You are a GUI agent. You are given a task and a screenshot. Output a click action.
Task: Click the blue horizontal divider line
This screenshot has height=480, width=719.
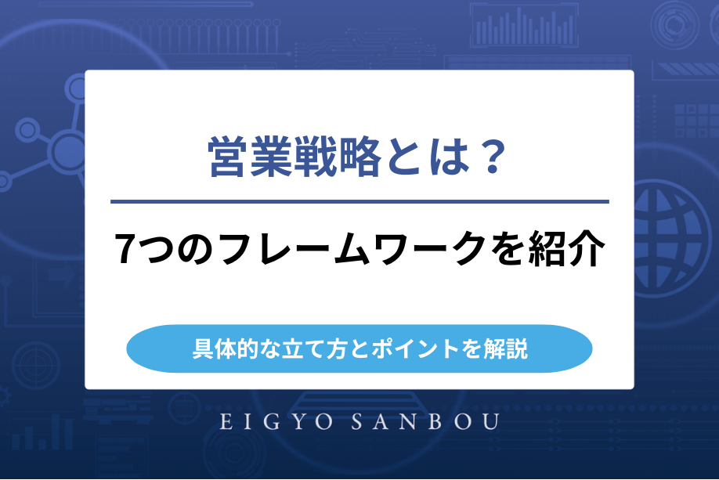359,202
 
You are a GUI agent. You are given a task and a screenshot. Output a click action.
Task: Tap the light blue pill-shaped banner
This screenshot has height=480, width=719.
359,348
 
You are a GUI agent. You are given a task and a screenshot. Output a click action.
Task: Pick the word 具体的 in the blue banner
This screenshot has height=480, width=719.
221,348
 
